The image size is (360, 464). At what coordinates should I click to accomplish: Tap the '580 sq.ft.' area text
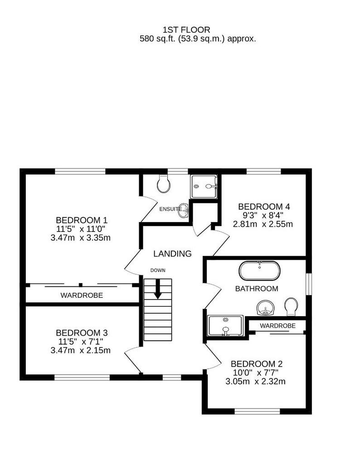(157, 39)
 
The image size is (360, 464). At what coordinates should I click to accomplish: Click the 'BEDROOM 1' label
(82, 220)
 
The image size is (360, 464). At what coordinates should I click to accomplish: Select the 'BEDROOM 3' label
(82, 333)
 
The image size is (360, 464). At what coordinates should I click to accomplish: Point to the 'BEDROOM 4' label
(264, 207)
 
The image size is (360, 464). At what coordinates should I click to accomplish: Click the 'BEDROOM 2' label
(257, 364)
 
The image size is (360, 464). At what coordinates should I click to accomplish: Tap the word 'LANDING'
(172, 254)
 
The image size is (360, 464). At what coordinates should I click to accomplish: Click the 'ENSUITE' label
(170, 209)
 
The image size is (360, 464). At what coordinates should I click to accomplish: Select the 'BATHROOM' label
(256, 289)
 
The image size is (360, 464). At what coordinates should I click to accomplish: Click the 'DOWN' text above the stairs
(158, 270)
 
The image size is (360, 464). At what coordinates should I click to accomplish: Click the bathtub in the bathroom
(259, 271)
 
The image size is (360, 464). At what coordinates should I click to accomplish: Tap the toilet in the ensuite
(163, 184)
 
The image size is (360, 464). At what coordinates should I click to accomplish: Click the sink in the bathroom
(266, 308)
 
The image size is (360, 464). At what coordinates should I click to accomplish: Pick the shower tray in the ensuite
(204, 186)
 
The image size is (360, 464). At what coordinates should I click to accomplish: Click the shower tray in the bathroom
(225, 325)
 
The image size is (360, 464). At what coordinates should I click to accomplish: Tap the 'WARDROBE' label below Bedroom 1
(82, 295)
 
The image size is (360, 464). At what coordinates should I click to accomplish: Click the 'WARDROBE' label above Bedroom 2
(278, 326)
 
